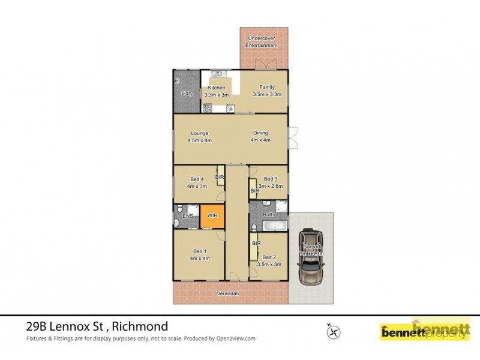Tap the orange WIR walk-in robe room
[212, 216]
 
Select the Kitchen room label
[216, 88]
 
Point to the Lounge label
[200, 133]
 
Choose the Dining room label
[260, 133]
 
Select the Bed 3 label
[271, 179]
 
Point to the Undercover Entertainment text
[263, 42]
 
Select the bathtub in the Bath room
[276, 226]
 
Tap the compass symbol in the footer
[334, 331]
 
